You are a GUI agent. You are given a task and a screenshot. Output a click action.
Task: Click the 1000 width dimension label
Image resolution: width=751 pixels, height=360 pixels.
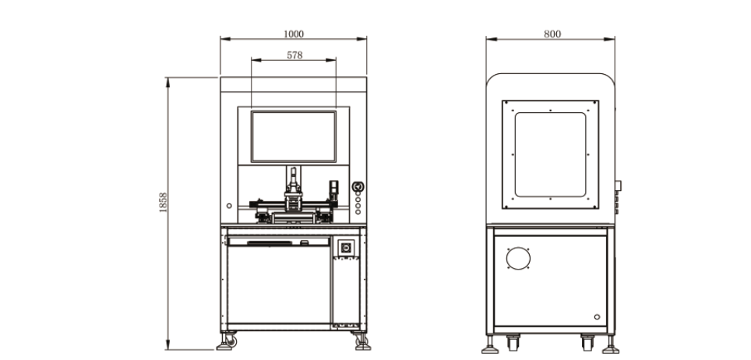[294, 34]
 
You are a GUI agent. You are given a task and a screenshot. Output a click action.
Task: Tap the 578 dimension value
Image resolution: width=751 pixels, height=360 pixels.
[294, 55]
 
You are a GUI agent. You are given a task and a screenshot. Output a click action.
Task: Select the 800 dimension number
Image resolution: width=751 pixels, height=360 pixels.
[552, 34]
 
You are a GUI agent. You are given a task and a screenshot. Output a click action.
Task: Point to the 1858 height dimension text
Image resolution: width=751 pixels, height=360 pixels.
[164, 203]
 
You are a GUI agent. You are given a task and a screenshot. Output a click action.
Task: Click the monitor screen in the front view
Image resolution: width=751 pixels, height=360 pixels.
[294, 136]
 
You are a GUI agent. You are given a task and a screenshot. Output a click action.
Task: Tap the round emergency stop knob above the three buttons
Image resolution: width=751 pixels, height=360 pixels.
[358, 186]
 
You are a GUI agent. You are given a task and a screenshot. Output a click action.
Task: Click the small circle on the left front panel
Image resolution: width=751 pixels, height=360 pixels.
[229, 206]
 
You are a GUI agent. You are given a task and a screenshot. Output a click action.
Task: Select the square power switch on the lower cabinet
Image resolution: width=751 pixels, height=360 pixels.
[346, 248]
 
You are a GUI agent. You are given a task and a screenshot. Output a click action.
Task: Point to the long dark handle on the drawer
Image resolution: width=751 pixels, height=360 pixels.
[270, 243]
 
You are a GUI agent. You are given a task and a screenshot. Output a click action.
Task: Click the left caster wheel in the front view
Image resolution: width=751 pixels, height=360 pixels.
[231, 341]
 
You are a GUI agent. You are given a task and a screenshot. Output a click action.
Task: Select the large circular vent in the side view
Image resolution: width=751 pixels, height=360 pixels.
[518, 259]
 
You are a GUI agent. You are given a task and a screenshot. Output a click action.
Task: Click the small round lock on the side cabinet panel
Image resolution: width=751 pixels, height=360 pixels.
[597, 317]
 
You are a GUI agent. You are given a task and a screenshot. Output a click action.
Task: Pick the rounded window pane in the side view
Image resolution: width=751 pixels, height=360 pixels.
[550, 154]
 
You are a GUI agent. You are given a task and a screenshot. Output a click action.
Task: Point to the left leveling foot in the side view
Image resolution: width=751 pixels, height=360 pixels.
[490, 344]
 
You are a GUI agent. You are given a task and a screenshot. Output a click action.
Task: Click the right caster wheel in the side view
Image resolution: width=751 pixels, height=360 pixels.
[587, 342]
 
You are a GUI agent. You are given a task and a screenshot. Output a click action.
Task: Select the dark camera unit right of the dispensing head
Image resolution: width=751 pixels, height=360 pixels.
[333, 191]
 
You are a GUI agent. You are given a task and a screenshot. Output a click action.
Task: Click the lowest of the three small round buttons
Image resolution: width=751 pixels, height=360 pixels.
[358, 212]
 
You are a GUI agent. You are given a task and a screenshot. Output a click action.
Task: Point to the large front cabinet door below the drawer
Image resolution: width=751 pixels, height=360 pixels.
[279, 284]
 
